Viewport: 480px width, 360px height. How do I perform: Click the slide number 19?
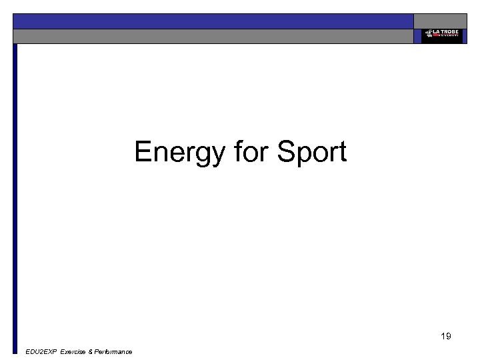pyautogui.click(x=445, y=336)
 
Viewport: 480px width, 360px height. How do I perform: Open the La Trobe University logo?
pyautogui.click(x=441, y=35)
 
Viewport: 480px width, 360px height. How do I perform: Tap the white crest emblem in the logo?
pyautogui.click(x=427, y=33)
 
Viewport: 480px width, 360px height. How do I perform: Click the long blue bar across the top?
pyautogui.click(x=213, y=21)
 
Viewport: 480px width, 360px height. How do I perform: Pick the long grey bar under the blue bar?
pyautogui.click(x=213, y=36)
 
